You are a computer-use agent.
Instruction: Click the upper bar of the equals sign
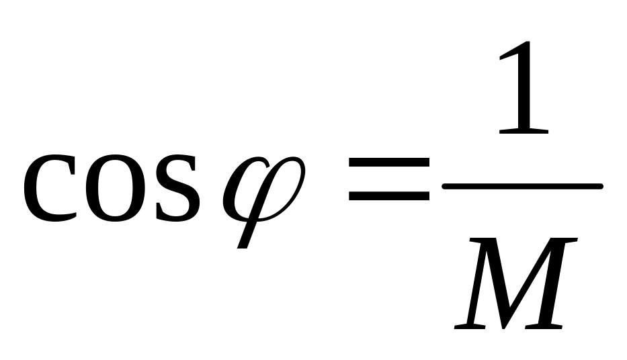pos(388,164)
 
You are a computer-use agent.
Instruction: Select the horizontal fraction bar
pos(521,186)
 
